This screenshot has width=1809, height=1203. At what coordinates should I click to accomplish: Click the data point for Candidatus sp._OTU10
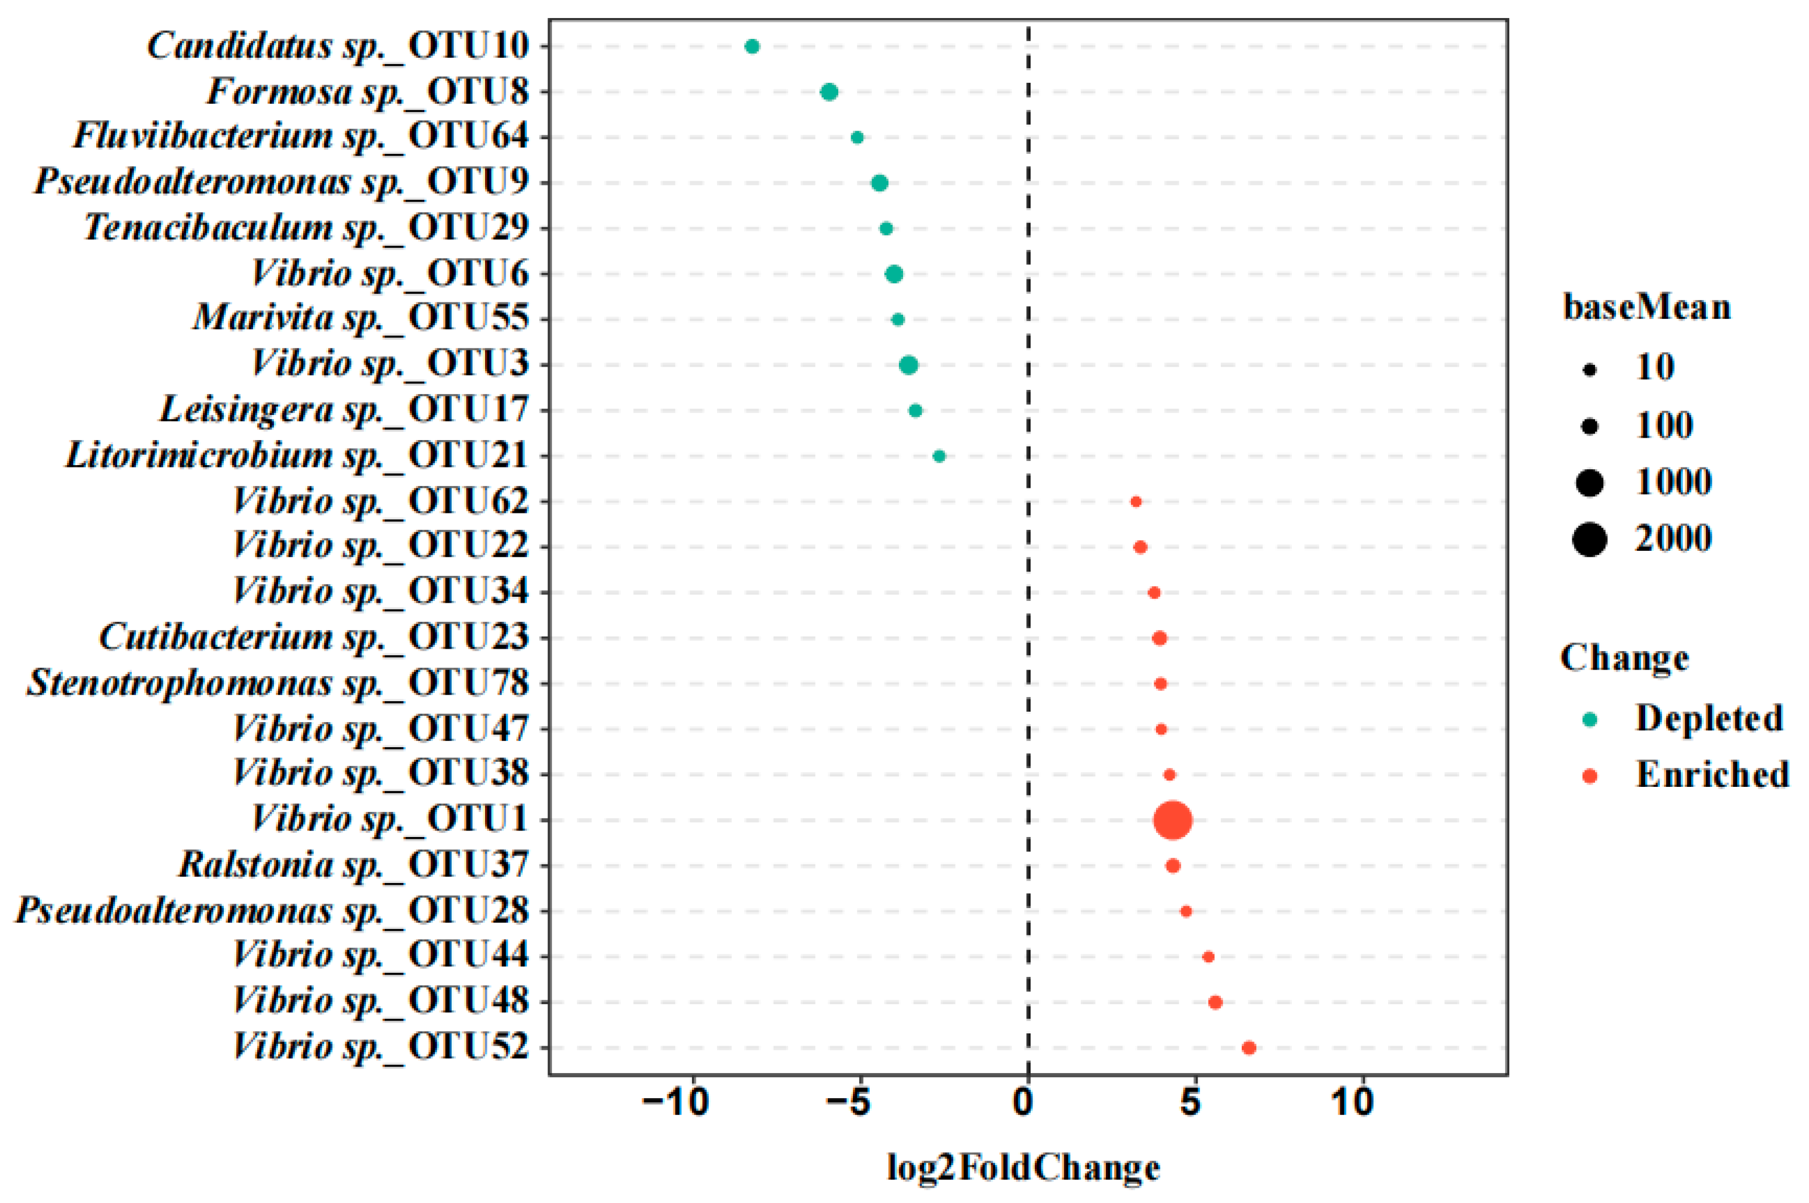(752, 47)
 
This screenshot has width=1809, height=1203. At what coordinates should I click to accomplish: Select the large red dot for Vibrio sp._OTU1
(1172, 820)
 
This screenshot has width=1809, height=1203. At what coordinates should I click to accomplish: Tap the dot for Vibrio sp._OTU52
(1248, 1048)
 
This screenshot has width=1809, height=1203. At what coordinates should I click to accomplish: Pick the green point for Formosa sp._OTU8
(828, 92)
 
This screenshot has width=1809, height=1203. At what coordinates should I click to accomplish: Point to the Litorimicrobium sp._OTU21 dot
(938, 456)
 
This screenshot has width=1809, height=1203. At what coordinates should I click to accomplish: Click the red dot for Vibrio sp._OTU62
(1136, 502)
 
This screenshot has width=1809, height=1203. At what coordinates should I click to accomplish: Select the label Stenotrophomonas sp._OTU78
(278, 683)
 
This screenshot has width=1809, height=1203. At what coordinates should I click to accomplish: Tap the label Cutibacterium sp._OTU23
(314, 638)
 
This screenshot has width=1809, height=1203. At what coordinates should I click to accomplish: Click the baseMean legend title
(1647, 308)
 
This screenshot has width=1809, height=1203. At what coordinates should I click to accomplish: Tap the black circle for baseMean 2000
(1590, 539)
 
